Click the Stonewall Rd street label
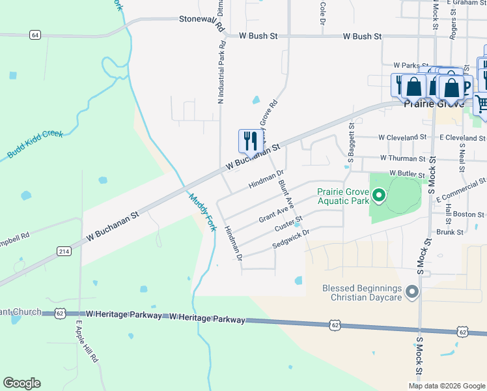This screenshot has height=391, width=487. tap(201, 23)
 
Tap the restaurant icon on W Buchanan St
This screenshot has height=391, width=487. tap(251, 141)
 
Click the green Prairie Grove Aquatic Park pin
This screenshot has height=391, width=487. tap(378, 195)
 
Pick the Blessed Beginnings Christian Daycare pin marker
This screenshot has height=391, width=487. tap(411, 292)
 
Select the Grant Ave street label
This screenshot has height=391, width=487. tap(273, 211)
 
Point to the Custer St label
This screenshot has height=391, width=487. tap(288, 224)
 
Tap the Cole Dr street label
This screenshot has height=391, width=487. tap(322, 13)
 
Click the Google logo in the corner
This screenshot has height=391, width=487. tap(21, 383)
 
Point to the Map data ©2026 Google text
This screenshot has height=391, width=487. tap(446, 386)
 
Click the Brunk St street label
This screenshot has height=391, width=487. tap(450, 231)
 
